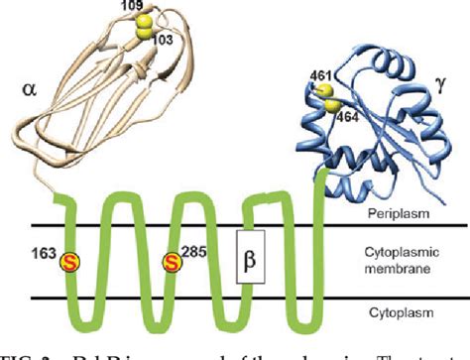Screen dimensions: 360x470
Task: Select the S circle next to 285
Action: [x=173, y=263]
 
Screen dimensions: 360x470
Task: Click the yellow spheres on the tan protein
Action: [x=146, y=26]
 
